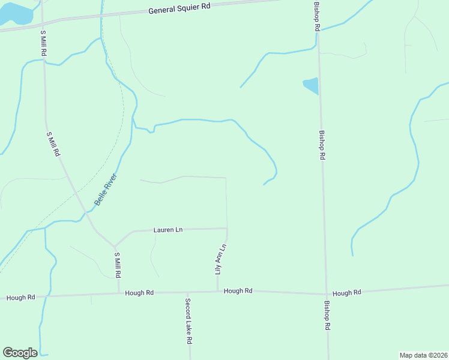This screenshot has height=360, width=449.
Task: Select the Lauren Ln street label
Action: tap(167, 230)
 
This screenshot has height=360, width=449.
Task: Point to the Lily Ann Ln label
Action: tap(220, 259)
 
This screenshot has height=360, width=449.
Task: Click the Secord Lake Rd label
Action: tap(188, 320)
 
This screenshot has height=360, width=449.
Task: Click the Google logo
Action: tap(20, 353)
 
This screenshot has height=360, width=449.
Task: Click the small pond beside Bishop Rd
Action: tap(311, 86)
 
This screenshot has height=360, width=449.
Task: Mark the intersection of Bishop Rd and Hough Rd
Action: tap(326, 293)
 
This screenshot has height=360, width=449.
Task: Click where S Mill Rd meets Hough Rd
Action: tap(118, 294)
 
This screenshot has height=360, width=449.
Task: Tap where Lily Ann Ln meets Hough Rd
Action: tap(217, 292)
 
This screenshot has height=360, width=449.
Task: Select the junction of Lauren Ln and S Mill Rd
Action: tap(115, 246)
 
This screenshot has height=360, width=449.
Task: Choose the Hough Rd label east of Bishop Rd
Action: tap(346, 293)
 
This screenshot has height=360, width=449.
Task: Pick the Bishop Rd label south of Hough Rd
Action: tap(327, 316)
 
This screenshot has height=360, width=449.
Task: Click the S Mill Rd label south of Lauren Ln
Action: tap(118, 265)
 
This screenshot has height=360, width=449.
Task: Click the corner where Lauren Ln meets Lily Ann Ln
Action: tap(227, 229)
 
